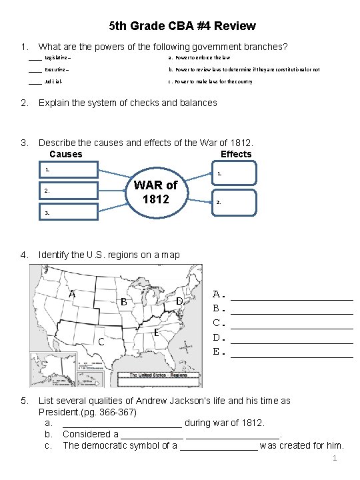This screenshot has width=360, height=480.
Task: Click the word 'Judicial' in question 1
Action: pyautogui.click(x=54, y=81)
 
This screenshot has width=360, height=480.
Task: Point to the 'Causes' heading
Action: pyautogui.click(x=66, y=154)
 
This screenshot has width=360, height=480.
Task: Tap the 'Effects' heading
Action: pyautogui.click(x=236, y=154)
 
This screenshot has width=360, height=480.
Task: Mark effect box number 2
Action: pyautogui.click(x=233, y=202)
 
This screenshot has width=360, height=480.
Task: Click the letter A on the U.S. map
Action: pyautogui.click(x=71, y=294)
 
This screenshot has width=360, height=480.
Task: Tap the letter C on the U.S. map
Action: pyautogui.click(x=101, y=342)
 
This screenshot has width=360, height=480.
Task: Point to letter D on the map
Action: pyautogui.click(x=179, y=302)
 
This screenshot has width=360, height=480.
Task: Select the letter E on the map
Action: pyautogui.click(x=155, y=332)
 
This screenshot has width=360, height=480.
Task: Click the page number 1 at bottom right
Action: pyautogui.click(x=335, y=460)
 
